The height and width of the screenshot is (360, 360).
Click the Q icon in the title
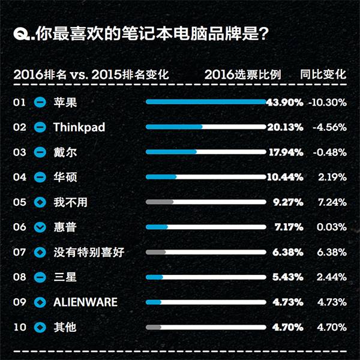22,34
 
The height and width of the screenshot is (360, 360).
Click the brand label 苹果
65,102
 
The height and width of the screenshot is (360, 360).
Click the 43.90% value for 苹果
284,102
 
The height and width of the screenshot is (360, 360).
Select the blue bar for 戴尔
171,152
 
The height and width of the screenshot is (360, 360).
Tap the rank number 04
20,177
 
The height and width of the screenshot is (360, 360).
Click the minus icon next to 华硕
41,177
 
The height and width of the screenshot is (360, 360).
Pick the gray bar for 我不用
160,202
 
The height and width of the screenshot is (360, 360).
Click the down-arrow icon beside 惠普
41,227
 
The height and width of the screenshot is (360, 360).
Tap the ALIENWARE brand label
85,302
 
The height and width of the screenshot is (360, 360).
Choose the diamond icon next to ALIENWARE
41,302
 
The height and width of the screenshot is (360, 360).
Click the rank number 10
20,328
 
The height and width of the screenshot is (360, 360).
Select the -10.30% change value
328,102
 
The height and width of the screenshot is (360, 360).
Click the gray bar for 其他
154,328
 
